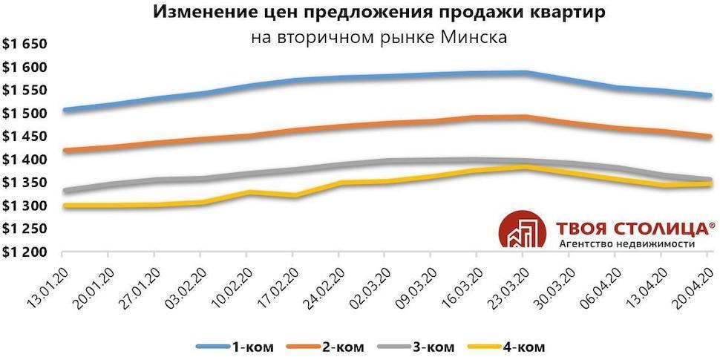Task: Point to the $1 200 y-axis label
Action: [x=24, y=252]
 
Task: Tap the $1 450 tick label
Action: [x=24, y=137]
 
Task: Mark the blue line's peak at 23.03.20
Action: [x=525, y=73]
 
